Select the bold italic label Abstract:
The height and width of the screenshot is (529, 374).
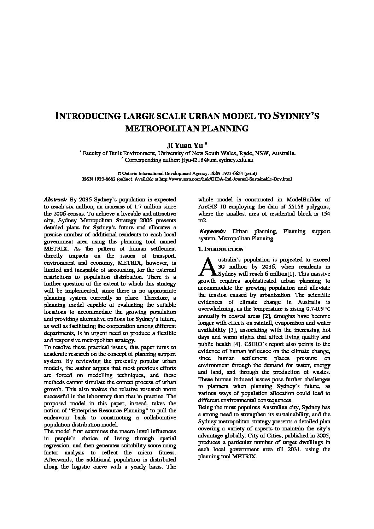click(55, 200)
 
